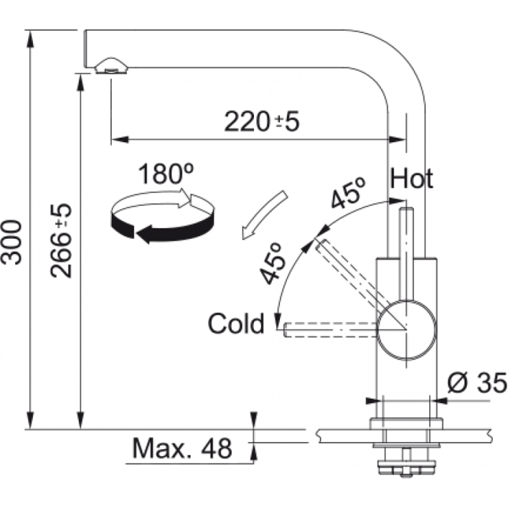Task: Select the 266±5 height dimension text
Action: [x=62, y=241]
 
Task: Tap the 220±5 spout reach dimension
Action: [x=261, y=122]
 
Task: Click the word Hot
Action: [x=411, y=179]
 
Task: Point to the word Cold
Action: [x=236, y=324]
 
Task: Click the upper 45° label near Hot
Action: [x=348, y=192]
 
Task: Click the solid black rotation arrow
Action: [x=159, y=229]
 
